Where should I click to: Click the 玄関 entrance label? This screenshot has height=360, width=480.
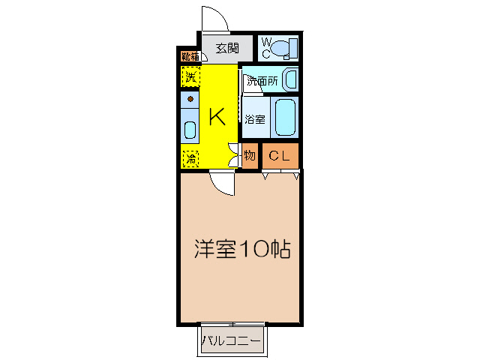pyautogui.click(x=227, y=49)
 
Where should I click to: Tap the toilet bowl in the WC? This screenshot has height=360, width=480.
pyautogui.click(x=283, y=49)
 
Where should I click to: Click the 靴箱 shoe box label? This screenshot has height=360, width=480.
pyautogui.click(x=189, y=55)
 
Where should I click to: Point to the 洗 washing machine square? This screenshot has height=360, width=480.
pyautogui.click(x=190, y=76)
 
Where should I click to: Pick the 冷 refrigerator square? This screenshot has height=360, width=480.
pyautogui.click(x=190, y=158)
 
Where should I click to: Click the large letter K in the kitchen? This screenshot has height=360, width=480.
pyautogui.click(x=217, y=116)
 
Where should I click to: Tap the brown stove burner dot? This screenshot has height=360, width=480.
pyautogui.click(x=190, y=99)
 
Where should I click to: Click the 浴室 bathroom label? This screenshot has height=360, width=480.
pyautogui.click(x=255, y=118)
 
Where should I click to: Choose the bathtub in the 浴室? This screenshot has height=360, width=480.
pyautogui.click(x=285, y=117)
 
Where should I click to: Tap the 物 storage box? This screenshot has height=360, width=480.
pyautogui.click(x=250, y=156)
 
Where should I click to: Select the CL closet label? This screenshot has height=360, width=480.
pyautogui.click(x=279, y=156)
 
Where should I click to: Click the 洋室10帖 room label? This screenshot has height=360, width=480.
pyautogui.click(x=242, y=249)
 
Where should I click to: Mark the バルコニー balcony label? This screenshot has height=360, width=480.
pyautogui.click(x=232, y=342)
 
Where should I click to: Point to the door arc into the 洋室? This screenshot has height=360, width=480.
pyautogui.click(x=222, y=182)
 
